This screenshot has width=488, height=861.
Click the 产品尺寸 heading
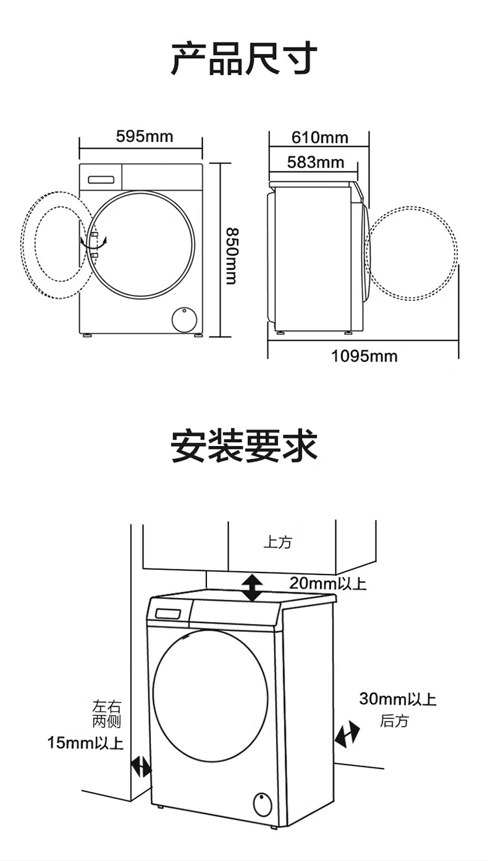(x=244, y=59)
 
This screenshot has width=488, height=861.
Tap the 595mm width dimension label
(x=144, y=136)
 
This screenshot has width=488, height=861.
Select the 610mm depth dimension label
(x=319, y=137)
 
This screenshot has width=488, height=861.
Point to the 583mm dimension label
(x=316, y=162)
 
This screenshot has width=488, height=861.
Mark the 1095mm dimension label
(x=364, y=356)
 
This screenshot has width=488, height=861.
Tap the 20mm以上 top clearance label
(x=328, y=583)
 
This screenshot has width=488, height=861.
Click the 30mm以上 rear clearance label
(x=398, y=699)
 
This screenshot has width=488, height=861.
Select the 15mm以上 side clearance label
(x=85, y=742)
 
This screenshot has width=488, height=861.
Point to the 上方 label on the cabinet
(x=277, y=543)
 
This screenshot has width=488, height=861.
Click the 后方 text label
(x=394, y=721)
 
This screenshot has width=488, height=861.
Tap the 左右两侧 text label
(x=107, y=714)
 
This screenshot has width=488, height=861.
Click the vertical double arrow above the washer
(x=252, y=588)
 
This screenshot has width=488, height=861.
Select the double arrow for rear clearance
(x=347, y=734)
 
